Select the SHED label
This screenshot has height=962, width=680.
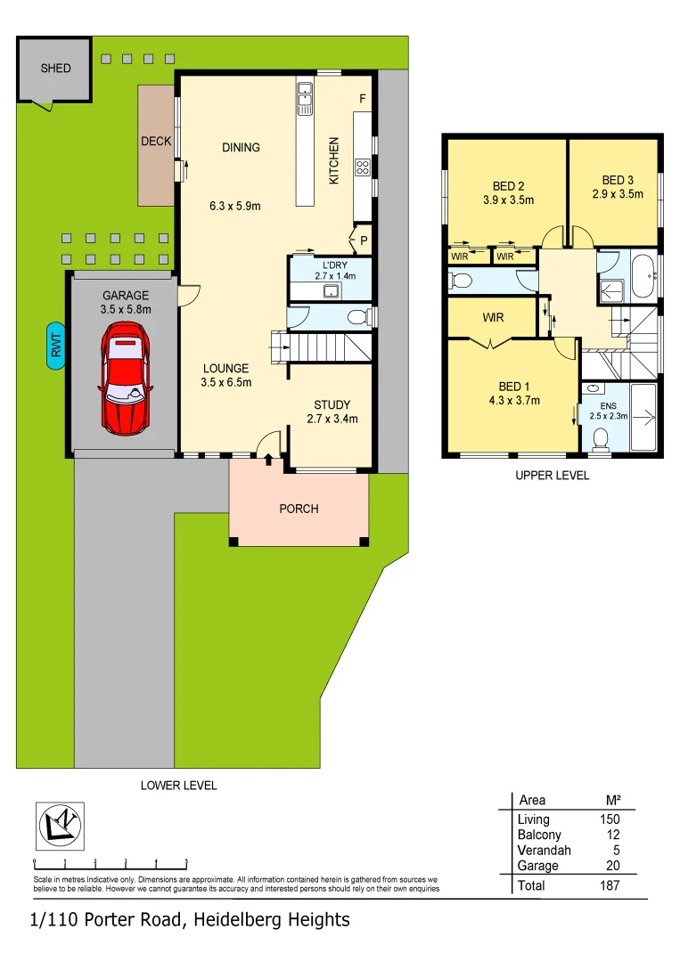[55, 68]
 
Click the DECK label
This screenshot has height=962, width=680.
[156, 142]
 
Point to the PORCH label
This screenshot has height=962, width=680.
[299, 509]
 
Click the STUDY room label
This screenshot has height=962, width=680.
[332, 405]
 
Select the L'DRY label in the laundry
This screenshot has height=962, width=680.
[334, 265]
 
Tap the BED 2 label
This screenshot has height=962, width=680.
[508, 186]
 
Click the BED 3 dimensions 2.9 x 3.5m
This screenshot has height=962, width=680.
[618, 193]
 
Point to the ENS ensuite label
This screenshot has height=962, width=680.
[595, 405]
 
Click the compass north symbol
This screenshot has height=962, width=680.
[60, 826]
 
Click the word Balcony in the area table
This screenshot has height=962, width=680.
[539, 835]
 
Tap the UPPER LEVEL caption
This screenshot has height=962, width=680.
[552, 476]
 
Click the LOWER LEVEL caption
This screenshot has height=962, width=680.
[178, 786]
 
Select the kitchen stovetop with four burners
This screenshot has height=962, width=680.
[364, 167]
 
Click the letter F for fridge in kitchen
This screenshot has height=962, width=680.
[362, 99]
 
